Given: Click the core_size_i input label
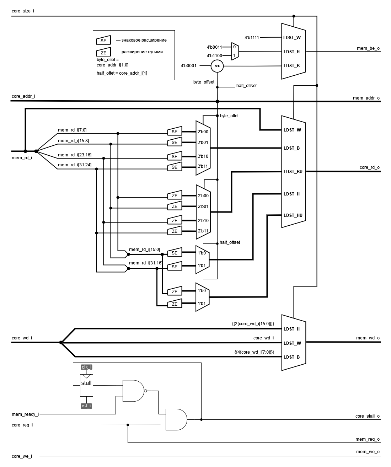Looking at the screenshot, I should click(23, 11).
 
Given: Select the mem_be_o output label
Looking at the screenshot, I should click(368, 48).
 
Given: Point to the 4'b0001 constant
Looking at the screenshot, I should click(189, 66).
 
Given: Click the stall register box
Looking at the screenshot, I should click(86, 385).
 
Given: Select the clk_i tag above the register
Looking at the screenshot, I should click(86, 367).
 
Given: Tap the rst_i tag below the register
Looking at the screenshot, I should click(86, 406).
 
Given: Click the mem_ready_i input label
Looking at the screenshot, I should click(25, 414).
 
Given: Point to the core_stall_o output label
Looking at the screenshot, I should click(367, 416).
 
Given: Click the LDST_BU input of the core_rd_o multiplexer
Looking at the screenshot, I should click(293, 172).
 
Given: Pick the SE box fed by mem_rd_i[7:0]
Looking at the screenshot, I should click(175, 131).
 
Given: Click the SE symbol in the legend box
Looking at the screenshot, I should click(103, 40).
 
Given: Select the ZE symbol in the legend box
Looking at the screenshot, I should click(103, 52).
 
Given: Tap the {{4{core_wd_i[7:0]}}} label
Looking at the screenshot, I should click(254, 352).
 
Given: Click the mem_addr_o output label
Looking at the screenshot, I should click(366, 98).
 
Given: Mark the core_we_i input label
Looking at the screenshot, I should click(22, 456).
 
